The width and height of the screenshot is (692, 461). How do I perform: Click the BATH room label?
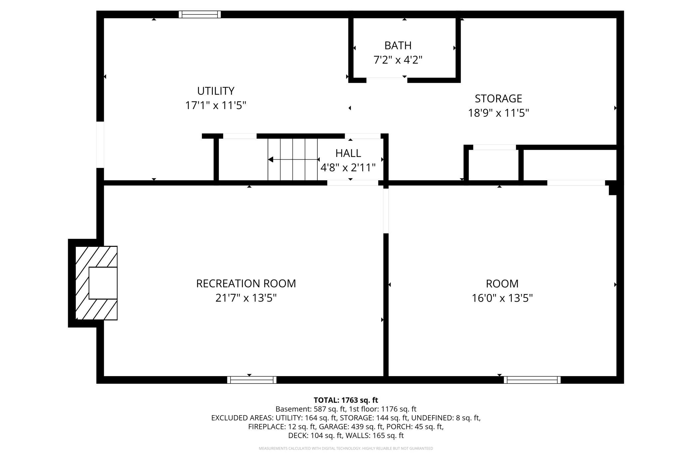tap(398, 45)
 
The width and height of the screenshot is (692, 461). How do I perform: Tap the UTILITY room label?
tap(216, 91)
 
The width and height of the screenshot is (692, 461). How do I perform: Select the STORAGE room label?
tap(498, 98)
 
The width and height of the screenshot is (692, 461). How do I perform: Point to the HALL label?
tap(348, 153)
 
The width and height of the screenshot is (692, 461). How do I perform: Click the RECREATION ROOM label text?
tap(246, 283)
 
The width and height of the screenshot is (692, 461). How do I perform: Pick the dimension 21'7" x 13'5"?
tap(246, 298)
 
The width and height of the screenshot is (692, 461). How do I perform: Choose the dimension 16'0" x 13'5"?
tap(502, 298)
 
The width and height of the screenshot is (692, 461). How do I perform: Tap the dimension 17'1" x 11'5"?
tap(216, 105)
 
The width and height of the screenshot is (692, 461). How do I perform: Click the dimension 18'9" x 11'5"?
tap(498, 113)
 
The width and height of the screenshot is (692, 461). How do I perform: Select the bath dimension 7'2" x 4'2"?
tap(398, 60)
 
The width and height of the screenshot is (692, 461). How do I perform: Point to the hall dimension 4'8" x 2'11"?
tap(348, 167)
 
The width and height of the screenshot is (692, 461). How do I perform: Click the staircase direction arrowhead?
tap(270, 160)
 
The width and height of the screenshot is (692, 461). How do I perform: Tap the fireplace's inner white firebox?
tap(103, 283)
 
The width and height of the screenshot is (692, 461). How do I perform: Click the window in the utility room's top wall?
tap(200, 14)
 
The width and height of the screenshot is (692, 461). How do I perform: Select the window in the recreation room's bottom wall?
tap(252, 380)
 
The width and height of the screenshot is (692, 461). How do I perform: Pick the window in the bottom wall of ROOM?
tap(532, 380)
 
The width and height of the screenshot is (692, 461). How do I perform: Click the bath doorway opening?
tap(387, 80)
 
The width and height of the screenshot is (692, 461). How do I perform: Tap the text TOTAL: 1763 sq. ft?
tap(346, 400)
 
